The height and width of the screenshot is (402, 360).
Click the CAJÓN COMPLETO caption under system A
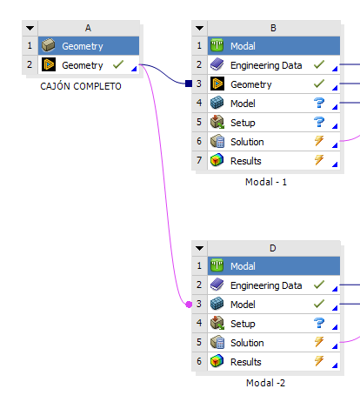click(81, 86)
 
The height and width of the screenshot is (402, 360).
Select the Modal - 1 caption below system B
click(266, 182)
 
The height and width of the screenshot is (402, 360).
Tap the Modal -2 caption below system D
click(265, 383)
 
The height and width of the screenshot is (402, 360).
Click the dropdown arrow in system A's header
click(30, 28)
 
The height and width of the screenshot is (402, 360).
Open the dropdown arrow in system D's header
click(199, 248)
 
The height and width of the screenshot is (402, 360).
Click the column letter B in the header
click(273, 28)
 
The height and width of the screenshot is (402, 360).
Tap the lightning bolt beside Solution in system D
click(319, 342)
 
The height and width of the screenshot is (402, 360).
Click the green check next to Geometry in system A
click(118, 64)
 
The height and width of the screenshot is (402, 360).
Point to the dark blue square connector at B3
click(189, 84)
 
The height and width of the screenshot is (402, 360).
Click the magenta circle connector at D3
click(189, 305)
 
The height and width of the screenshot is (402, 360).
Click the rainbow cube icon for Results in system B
click(217, 160)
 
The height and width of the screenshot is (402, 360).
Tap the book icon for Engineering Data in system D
click(217, 285)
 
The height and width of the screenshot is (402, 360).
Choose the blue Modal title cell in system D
click(274, 266)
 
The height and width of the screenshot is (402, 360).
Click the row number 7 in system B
click(199, 160)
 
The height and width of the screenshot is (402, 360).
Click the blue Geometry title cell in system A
click(89, 46)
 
